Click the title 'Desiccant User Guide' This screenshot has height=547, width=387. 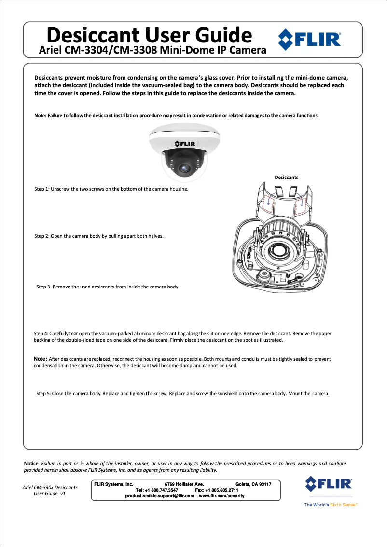point(149,35)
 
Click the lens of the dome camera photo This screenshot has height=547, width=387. point(184,168)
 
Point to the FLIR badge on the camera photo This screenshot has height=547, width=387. point(185,143)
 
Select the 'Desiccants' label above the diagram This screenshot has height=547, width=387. point(286,177)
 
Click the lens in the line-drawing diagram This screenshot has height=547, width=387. point(278,251)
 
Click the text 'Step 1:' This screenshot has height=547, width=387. point(41,189)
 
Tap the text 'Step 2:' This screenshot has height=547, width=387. point(41,236)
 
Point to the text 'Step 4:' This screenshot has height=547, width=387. point(41,333)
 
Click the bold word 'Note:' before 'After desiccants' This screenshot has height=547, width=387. point(40,359)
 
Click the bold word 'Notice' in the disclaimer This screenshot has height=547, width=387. point(31,463)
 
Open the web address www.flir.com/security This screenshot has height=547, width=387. point(221,496)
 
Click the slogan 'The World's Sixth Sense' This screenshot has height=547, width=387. point(330,505)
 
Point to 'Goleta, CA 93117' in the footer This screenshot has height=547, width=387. point(253,484)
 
